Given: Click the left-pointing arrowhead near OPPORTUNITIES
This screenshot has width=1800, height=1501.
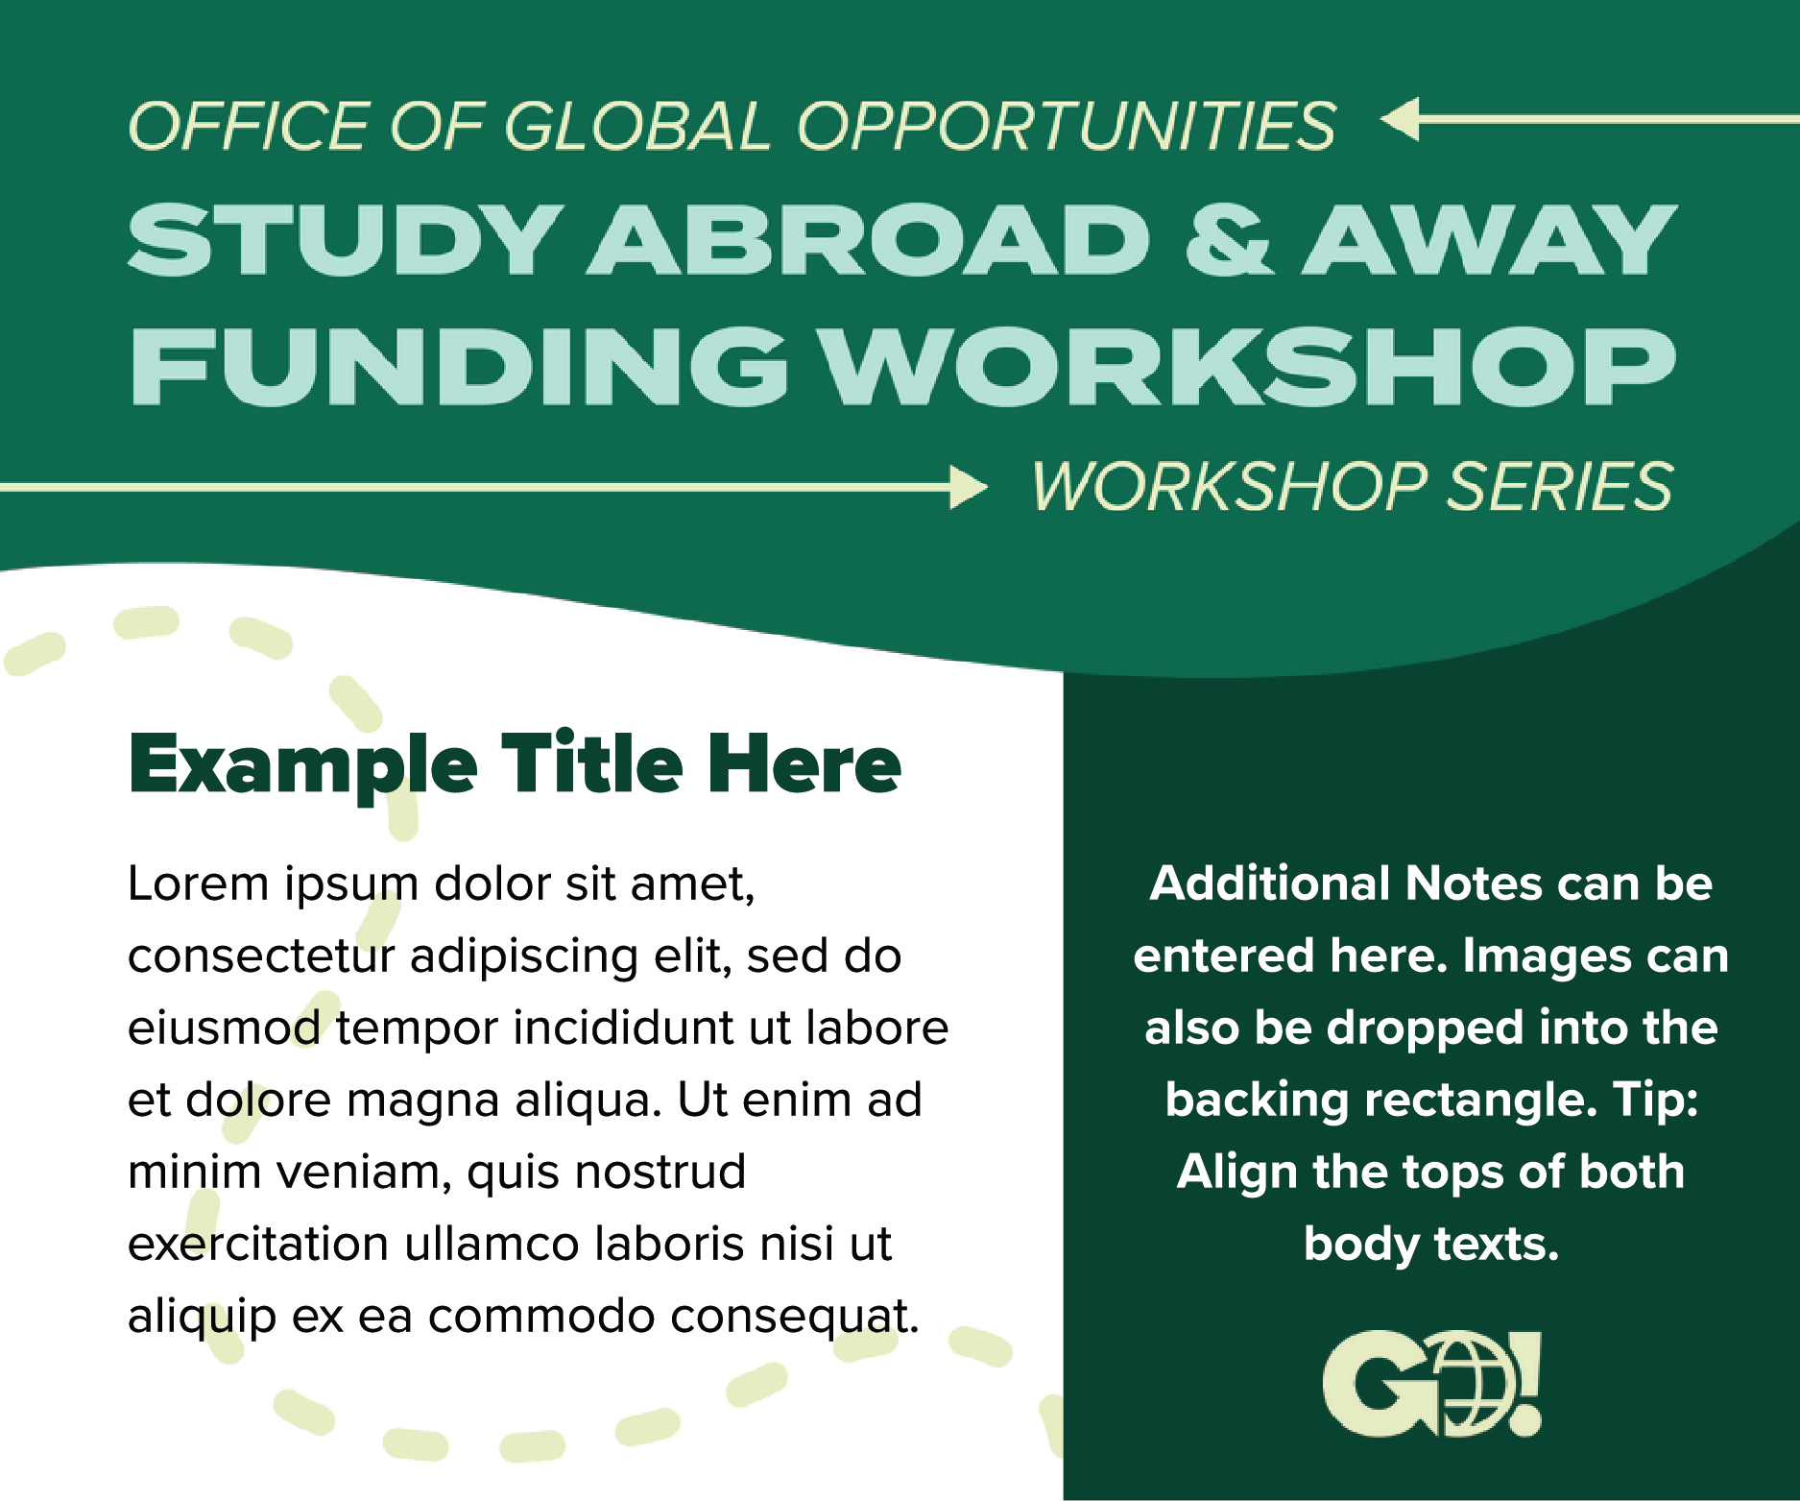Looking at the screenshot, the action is pos(1400,120).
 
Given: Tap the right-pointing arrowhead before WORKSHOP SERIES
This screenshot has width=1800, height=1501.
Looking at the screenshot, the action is pos(969,487).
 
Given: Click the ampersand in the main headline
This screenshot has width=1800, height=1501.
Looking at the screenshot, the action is pos(1229,240).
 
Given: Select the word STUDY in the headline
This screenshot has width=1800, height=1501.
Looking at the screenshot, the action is pos(345,240).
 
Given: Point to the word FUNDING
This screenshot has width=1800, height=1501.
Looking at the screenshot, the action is pos(459,366).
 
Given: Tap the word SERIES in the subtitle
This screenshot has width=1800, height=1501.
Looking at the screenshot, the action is pos(1559,487).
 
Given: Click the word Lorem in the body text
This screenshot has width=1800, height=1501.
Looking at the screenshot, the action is pos(199,884).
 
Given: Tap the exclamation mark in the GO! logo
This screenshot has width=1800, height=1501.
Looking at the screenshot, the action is pos(1524,1384).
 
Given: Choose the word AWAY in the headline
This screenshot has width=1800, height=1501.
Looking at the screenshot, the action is pos(1489,240).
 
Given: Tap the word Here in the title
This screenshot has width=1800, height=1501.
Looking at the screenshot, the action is pos(804,764).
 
